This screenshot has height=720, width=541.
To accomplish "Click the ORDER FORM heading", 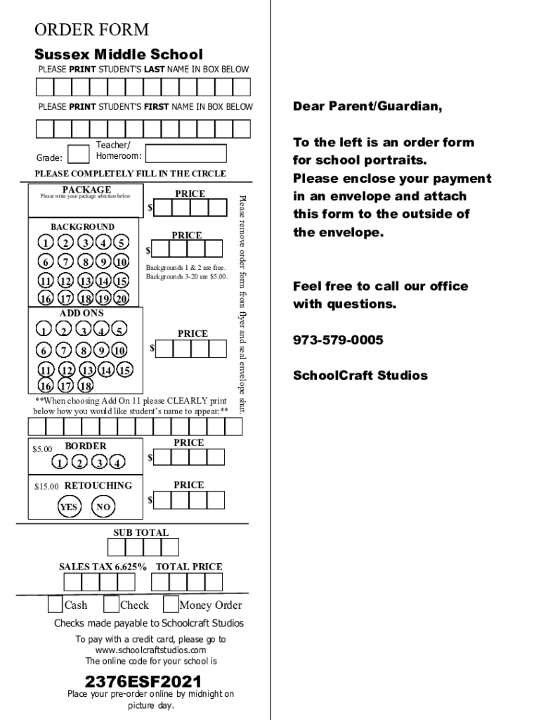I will coord(92,30).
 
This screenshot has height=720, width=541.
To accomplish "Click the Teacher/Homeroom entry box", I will coord(185,153).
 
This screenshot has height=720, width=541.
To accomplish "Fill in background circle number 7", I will coord(65,262).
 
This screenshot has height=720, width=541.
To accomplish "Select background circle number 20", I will coord(121,298).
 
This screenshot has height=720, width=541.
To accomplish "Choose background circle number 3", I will coord(85,243).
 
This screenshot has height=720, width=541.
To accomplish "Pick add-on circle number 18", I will coord(85,385).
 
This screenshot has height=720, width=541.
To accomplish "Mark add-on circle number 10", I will coord(119,350).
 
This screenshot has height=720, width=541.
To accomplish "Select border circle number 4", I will coord(117,462).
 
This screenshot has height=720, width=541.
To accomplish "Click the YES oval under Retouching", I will coord(69,507).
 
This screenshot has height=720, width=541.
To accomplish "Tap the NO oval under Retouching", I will coord(103,507).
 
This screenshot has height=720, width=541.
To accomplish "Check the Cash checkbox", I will coord(55,605).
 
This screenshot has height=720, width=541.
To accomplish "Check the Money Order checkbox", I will coord(171,605).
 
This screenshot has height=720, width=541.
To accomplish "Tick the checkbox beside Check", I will coord(111,605).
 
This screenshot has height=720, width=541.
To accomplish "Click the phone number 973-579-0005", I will coord(338,340).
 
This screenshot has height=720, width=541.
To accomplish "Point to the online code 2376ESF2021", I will coord(143,682).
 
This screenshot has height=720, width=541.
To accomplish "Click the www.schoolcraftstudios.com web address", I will coord(150,650).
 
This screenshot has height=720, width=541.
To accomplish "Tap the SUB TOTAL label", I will coord(141,532).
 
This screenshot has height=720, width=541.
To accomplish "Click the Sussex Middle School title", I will coord(119,55).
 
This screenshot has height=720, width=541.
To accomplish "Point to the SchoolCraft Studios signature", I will coord(360,375).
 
